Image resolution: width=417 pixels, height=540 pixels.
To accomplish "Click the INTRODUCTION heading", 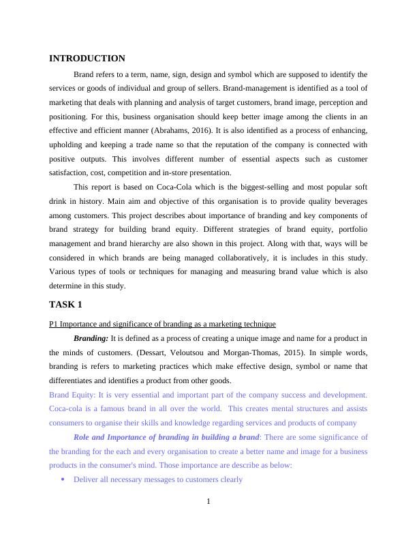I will coord(87,59).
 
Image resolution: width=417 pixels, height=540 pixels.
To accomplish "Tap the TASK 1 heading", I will coord(65,304).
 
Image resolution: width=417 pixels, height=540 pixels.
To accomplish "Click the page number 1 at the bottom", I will coord(208,502).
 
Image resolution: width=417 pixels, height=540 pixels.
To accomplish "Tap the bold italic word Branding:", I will coord(91,338).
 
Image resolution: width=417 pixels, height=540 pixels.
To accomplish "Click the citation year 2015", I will coord(309,352).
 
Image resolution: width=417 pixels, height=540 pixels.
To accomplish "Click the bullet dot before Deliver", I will coord(63,479).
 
